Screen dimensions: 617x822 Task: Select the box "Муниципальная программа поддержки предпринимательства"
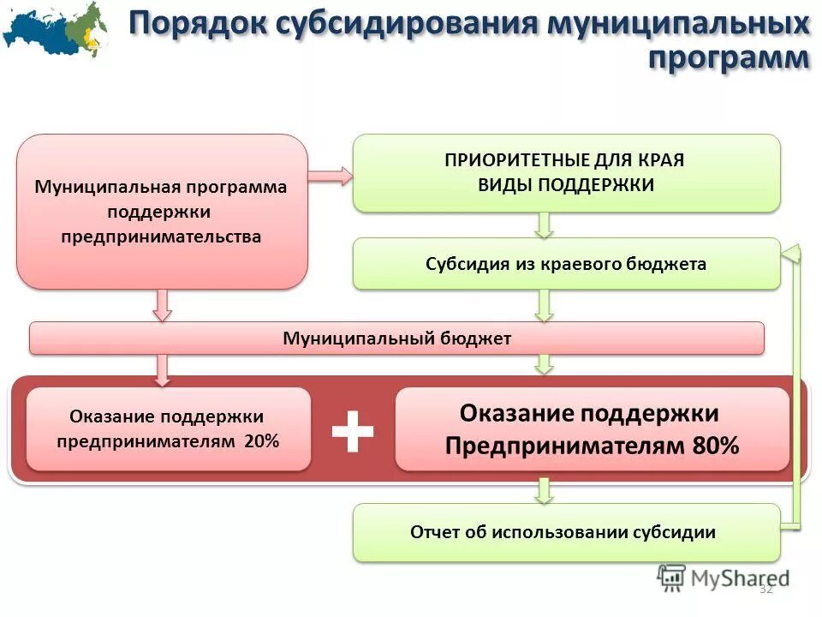click(162, 211)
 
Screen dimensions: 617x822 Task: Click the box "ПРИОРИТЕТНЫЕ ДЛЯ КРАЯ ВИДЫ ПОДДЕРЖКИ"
click(567, 173)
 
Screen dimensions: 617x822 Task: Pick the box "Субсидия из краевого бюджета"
click(567, 264)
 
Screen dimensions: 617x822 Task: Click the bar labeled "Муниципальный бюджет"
click(396, 338)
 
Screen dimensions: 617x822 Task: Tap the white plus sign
click(353, 430)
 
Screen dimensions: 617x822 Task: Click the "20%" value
click(260, 442)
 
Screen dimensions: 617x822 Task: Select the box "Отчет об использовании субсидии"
click(567, 532)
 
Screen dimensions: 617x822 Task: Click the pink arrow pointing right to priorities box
click(330, 176)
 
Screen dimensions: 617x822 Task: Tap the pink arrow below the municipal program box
click(162, 304)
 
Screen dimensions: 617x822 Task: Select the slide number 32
click(765, 589)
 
